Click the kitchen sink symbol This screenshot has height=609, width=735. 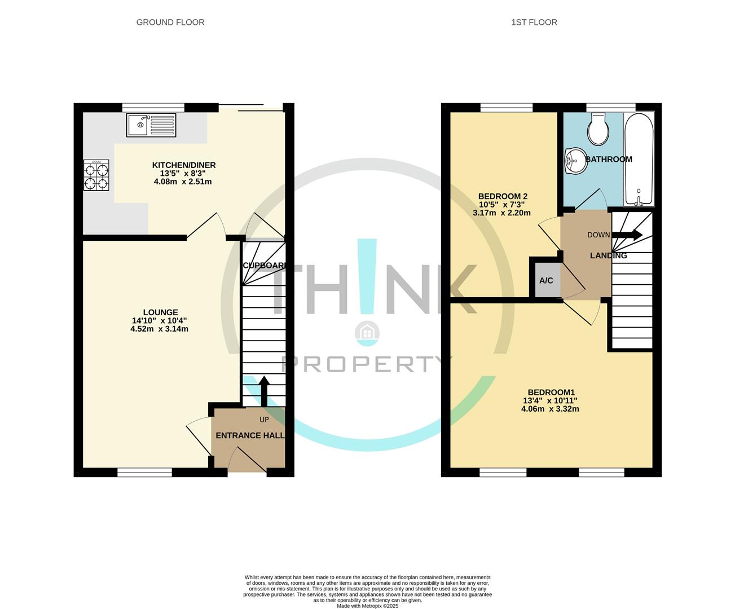tap(152, 125)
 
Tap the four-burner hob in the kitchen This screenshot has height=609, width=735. tap(96, 176)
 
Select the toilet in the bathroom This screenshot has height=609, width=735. tap(597, 129)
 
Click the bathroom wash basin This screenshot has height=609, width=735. tap(573, 160)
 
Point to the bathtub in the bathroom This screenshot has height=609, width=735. tap(639, 160)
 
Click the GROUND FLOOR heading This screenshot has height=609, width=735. tap(170, 23)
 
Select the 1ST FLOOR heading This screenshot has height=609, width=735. tap(534, 23)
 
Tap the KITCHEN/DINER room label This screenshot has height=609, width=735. tap(184, 165)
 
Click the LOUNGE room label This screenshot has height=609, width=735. tap(160, 312)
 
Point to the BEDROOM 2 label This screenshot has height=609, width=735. tap(503, 196)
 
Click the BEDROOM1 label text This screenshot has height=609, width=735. tap(551, 392)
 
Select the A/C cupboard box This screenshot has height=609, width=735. tap(546, 280)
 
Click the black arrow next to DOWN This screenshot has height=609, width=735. tap(627, 235)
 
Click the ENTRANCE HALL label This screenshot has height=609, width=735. tap(250, 435)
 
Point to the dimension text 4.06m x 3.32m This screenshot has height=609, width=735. tap(550, 409)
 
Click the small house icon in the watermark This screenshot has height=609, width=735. tap(367, 333)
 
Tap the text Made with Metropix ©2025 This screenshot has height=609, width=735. tap(367, 606)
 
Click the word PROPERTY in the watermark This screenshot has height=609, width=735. tap(364, 365)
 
